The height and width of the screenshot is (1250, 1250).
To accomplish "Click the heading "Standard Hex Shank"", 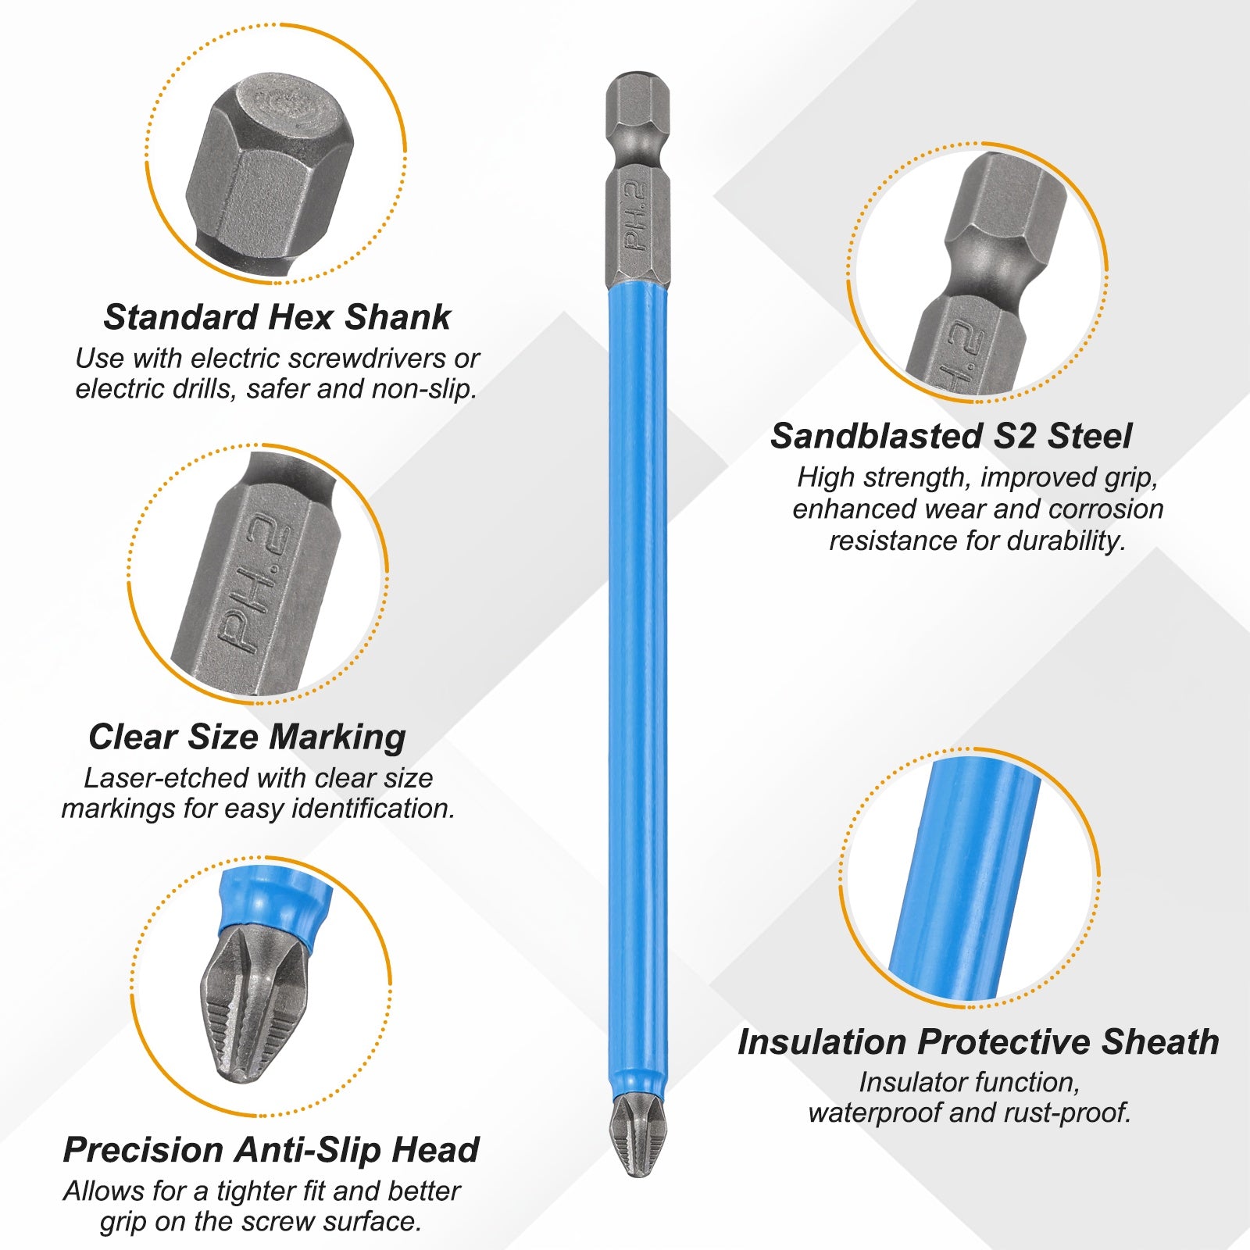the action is [x=277, y=317].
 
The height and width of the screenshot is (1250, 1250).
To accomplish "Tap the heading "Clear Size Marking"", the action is [x=247, y=737].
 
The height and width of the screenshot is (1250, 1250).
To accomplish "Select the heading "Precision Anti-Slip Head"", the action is [x=271, y=1150].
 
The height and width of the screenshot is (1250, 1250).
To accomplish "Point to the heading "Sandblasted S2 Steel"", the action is [x=951, y=436].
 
